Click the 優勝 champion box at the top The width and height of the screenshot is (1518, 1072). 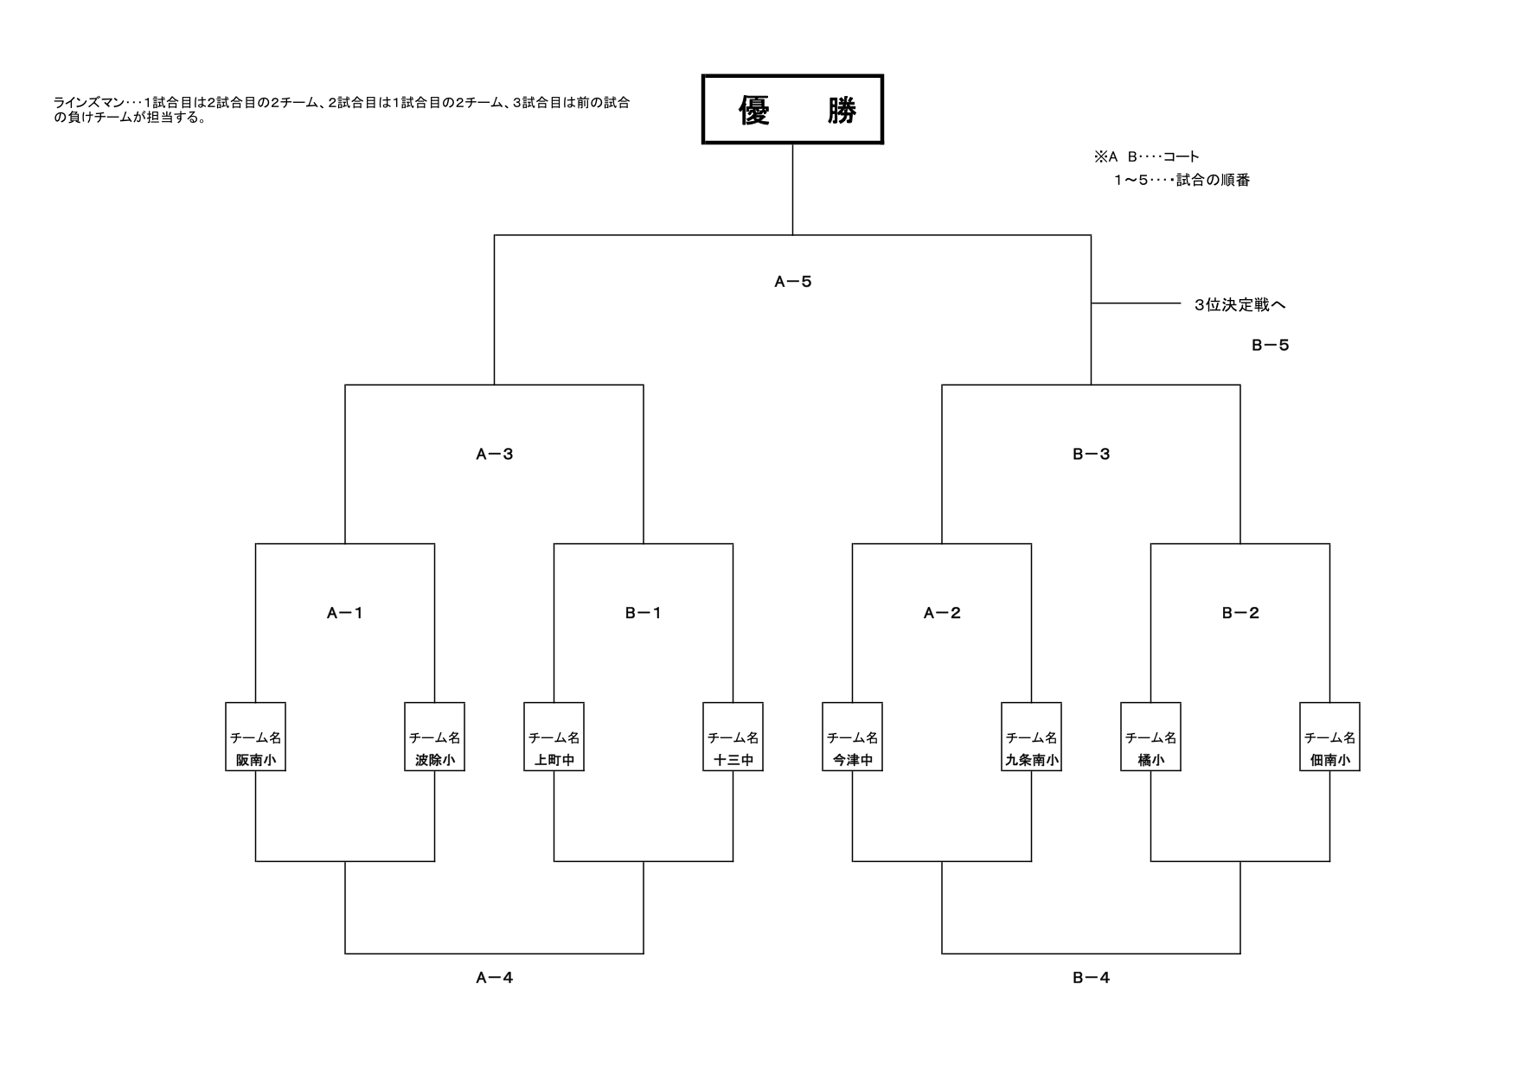pyautogui.click(x=791, y=110)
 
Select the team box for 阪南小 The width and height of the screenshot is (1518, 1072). pyautogui.click(x=255, y=737)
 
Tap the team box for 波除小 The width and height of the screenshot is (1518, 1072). pyautogui.click(x=434, y=737)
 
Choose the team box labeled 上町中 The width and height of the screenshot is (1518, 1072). pyautogui.click(x=554, y=737)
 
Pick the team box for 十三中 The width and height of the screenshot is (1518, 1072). pyautogui.click(x=733, y=737)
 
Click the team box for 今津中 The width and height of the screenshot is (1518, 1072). pyautogui.click(x=852, y=737)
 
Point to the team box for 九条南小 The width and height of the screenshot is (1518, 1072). pyautogui.click(x=1031, y=737)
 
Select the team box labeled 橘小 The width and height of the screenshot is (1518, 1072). pyautogui.click(x=1150, y=737)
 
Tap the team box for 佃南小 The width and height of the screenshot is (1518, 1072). pyautogui.click(x=1329, y=737)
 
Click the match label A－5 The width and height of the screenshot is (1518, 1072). pyautogui.click(x=792, y=282)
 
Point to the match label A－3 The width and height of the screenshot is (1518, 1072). pyautogui.click(x=494, y=455)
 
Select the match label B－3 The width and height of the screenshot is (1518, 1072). pyautogui.click(x=1091, y=455)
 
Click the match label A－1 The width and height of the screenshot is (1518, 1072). pyautogui.click(x=344, y=614)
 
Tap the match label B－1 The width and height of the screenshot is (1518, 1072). pyautogui.click(x=643, y=614)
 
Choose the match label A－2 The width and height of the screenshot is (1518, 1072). pyautogui.click(x=942, y=614)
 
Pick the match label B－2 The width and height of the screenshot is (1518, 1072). pyautogui.click(x=1240, y=614)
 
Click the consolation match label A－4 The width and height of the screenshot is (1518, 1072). pyautogui.click(x=494, y=979)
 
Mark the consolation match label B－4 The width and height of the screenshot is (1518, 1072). pyautogui.click(x=1091, y=979)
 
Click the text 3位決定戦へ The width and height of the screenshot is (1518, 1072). pyautogui.click(x=1239, y=305)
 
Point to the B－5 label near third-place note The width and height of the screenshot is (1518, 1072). pyautogui.click(x=1270, y=346)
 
